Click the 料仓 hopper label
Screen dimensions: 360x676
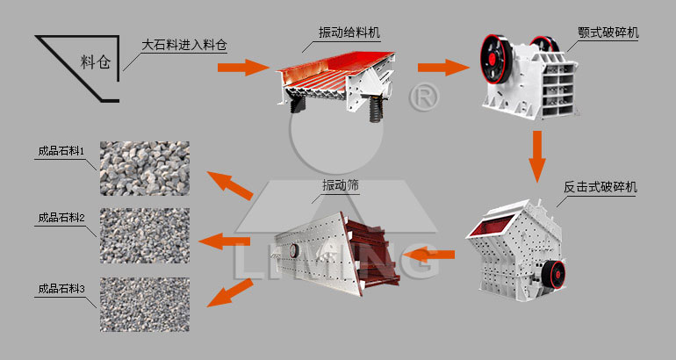pyautogui.click(x=96, y=62)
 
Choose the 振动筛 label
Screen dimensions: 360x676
pyautogui.click(x=342, y=186)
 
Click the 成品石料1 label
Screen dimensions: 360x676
pyautogui.click(x=61, y=151)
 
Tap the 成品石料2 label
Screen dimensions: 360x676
pyautogui.click(x=61, y=219)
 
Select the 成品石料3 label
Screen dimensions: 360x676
pyautogui.click(x=61, y=288)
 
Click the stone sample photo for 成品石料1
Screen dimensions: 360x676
pyautogui.click(x=144, y=169)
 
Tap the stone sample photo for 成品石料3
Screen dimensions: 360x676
pyautogui.click(x=144, y=306)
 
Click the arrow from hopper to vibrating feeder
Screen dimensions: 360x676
pyautogui.click(x=242, y=67)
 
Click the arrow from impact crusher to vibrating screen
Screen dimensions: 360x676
pyautogui.click(x=435, y=256)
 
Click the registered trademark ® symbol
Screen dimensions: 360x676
pyautogui.click(x=425, y=96)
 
